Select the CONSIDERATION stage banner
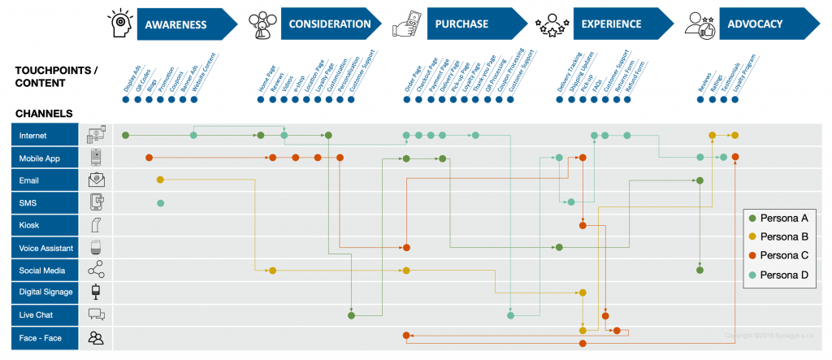click(x=330, y=24)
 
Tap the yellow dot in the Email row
click(x=160, y=180)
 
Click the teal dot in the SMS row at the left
click(x=160, y=202)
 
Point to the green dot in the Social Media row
click(x=700, y=270)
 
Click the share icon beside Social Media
click(x=97, y=271)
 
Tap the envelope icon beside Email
click(x=97, y=180)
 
